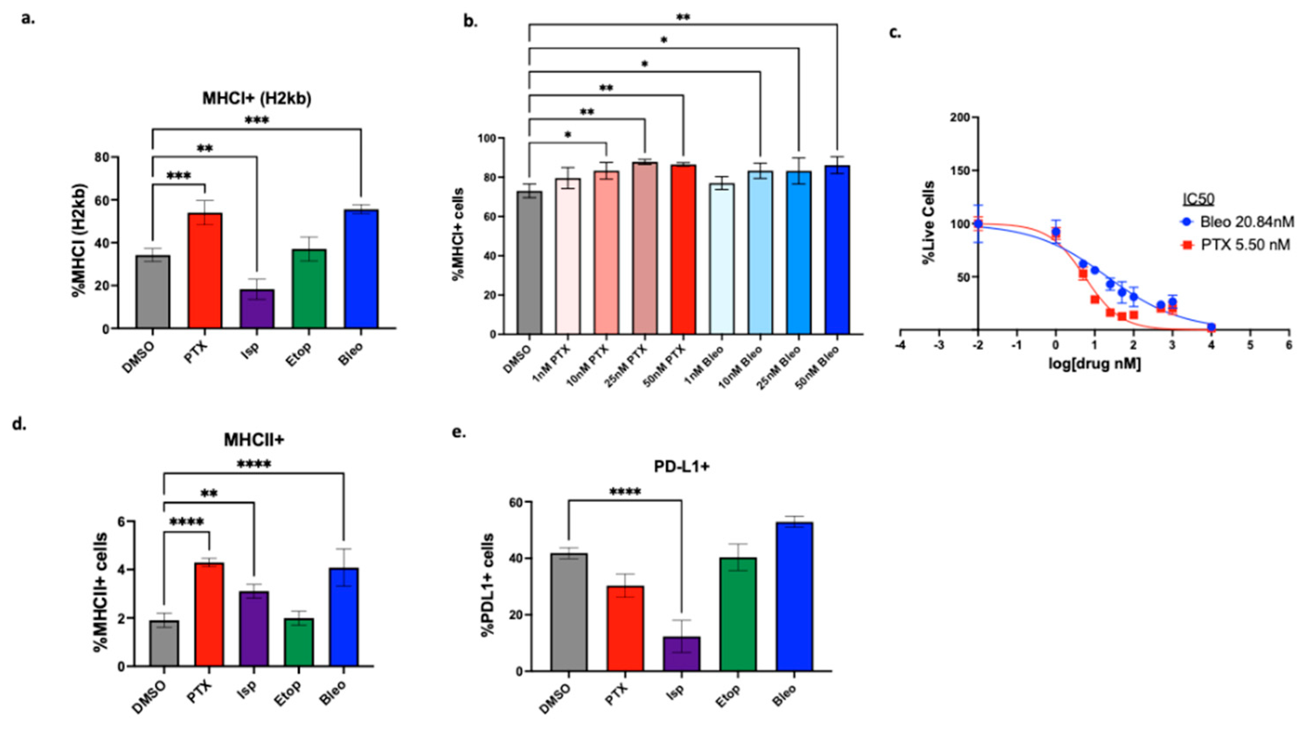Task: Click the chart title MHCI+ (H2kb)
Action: pos(257,98)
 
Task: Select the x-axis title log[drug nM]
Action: pos(1094,364)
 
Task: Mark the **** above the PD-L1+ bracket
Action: pos(625,491)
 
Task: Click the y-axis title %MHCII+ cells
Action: pos(100,593)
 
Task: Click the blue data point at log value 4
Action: pos(1211,327)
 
